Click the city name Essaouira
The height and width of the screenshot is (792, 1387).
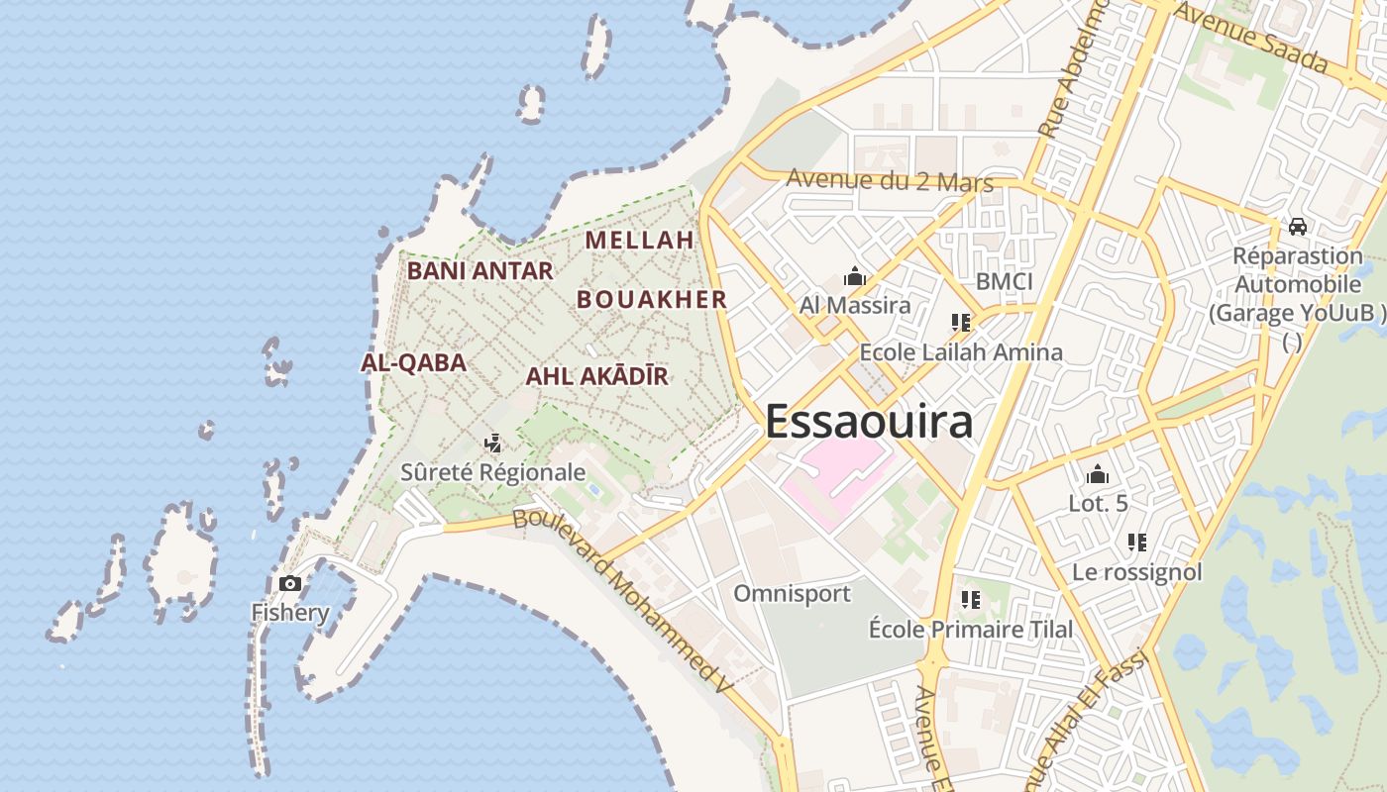pyautogui.click(x=869, y=422)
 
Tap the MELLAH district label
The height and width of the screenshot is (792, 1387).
pyautogui.click(x=639, y=241)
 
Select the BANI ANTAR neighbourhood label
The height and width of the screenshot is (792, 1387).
pyautogui.click(x=480, y=270)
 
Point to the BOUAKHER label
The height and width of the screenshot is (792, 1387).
pyautogui.click(x=652, y=299)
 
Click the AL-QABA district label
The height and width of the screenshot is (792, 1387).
pyautogui.click(x=413, y=362)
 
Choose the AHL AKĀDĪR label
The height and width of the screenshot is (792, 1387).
pyautogui.click(x=596, y=376)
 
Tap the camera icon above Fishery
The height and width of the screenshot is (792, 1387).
pyautogui.click(x=290, y=583)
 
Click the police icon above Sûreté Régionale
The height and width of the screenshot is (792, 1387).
pyautogui.click(x=492, y=444)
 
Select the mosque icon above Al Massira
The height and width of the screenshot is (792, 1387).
pyautogui.click(x=854, y=276)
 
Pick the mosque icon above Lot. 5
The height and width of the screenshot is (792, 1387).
pyautogui.click(x=1097, y=475)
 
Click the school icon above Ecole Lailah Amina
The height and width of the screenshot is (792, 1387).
pyautogui.click(x=960, y=323)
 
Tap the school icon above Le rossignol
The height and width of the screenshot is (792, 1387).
pyautogui.click(x=1136, y=543)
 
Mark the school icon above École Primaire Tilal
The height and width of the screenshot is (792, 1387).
pyautogui.click(x=970, y=600)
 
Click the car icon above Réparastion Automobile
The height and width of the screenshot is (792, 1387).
pyautogui.click(x=1297, y=227)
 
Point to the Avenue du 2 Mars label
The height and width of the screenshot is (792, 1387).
pyautogui.click(x=889, y=181)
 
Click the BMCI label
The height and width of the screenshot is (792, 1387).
pyautogui.click(x=1004, y=282)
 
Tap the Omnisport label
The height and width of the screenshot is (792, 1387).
pyautogui.click(x=792, y=594)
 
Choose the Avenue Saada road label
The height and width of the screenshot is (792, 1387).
pyautogui.click(x=1250, y=37)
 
